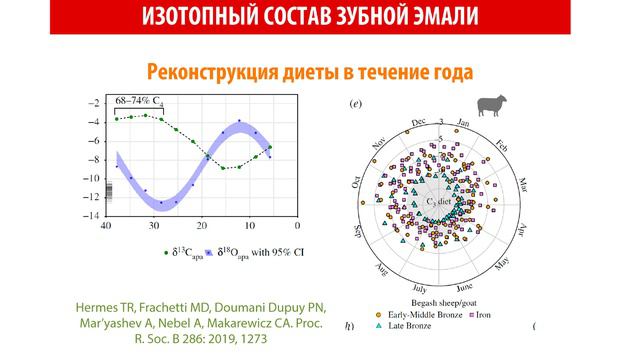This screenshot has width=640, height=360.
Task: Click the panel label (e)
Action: pos(353,104)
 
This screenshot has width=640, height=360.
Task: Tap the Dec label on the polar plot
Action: pos(419,126)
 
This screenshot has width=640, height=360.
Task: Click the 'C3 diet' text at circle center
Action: pos(442,204)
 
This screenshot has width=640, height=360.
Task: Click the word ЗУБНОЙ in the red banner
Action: pos(365,16)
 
